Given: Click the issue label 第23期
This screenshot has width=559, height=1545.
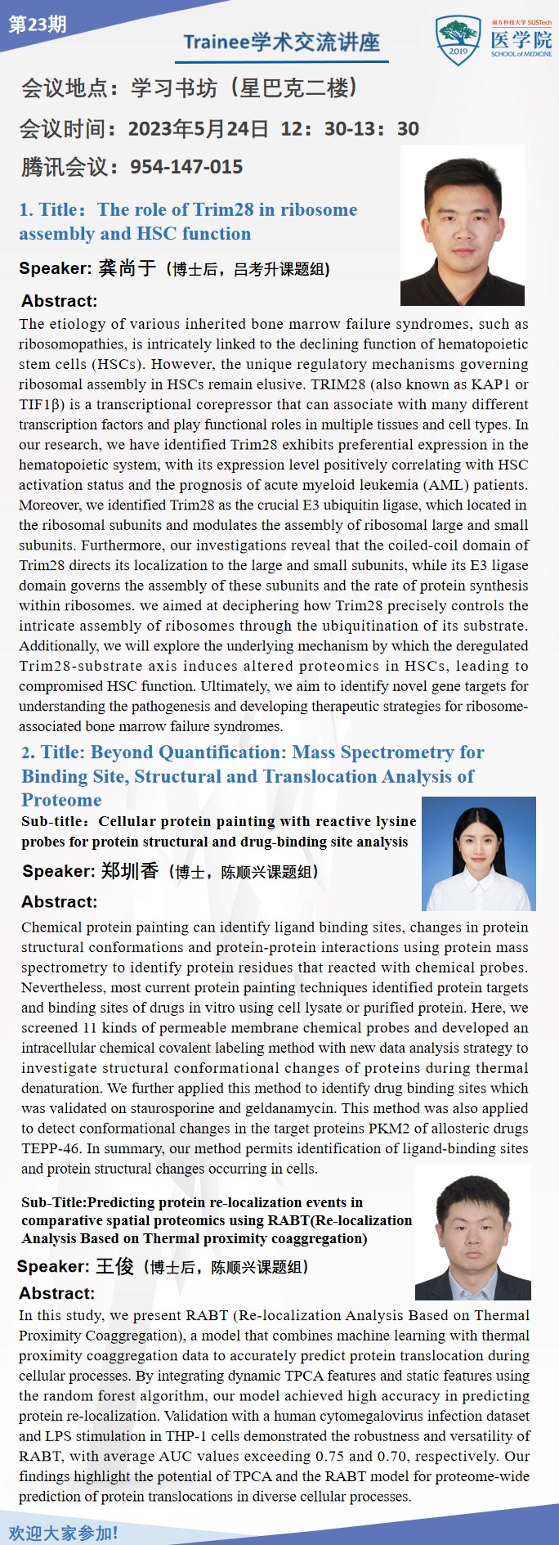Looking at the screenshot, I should coord(38,25).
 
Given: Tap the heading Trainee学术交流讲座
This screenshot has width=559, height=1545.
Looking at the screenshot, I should coord(282,43).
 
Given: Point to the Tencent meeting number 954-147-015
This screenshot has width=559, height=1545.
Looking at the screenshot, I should coord(186,167).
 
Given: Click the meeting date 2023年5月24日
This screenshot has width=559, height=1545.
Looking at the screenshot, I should coord(198,128).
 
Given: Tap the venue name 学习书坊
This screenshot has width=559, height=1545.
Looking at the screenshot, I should coord(174,88).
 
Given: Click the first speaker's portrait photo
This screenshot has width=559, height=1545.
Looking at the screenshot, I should coord(462,227).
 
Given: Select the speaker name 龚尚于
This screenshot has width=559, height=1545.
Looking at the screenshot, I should coord(127,268).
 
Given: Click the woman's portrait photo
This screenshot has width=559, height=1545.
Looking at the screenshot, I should coord(478,854).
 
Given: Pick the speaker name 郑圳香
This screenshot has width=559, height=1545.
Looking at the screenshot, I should coord(130,871).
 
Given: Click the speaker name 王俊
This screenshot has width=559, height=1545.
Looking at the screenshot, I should coord(114,1267).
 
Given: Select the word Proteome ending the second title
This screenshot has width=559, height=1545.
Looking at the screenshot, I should coord(61,800).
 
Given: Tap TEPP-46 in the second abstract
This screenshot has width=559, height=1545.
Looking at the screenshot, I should coord(51,1148).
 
